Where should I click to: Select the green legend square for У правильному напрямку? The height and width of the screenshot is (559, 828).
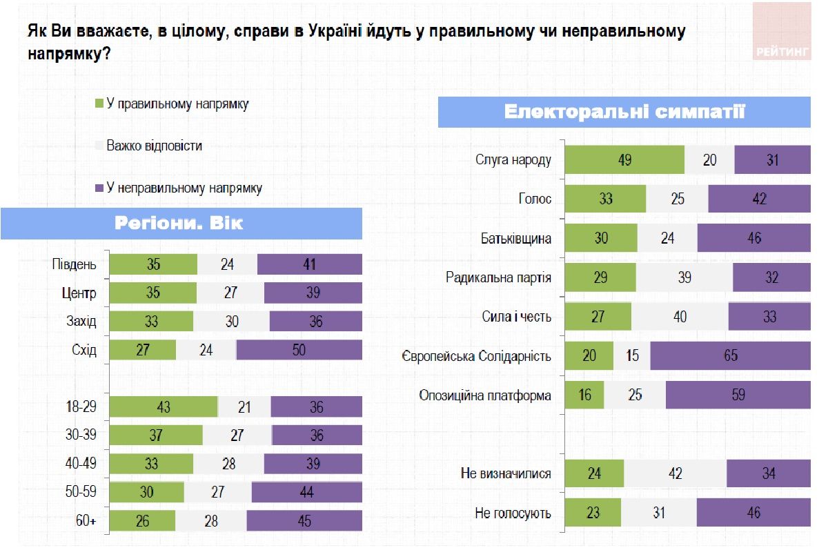pos(99,104)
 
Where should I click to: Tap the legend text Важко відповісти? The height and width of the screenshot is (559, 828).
pos(154,146)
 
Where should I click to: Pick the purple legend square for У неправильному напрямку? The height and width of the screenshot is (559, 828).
pos(99,188)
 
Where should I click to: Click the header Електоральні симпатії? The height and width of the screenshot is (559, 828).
pos(624,112)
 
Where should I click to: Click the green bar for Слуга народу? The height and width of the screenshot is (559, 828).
pos(624,160)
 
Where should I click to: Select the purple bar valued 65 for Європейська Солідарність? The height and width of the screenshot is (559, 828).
pos(730,356)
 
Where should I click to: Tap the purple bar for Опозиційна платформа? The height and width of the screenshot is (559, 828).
pos(738,395)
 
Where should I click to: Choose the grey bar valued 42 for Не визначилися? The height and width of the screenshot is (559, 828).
pos(675,473)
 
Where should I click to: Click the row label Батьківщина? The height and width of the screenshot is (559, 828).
pos(515,239)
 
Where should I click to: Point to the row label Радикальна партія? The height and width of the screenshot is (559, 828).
pos(498,278)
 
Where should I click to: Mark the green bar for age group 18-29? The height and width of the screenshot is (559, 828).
pos(164,407)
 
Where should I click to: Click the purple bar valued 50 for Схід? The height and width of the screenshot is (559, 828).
pos(299,350)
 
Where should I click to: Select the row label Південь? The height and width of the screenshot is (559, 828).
pos(75,264)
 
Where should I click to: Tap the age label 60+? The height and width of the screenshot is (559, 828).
pos(86,521)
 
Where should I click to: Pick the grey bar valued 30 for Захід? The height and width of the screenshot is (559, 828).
pos(231,322)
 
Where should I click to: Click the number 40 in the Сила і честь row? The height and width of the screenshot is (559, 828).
pos(679,317)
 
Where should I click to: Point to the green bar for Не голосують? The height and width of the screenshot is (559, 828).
pos(593,513)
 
